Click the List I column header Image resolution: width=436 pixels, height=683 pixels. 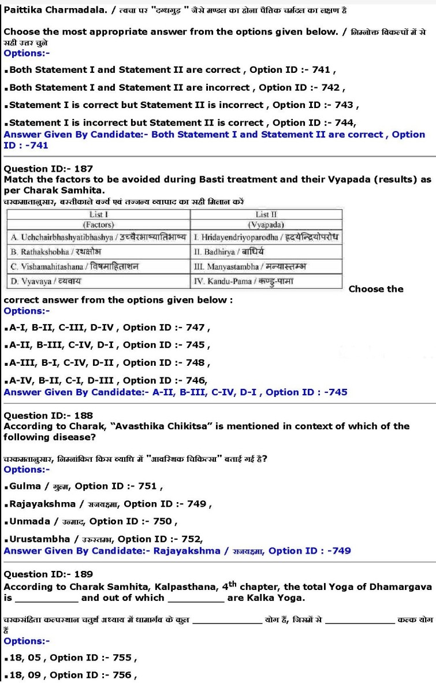tap(98, 214)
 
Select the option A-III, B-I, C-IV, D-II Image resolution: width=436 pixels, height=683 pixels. tap(110, 363)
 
